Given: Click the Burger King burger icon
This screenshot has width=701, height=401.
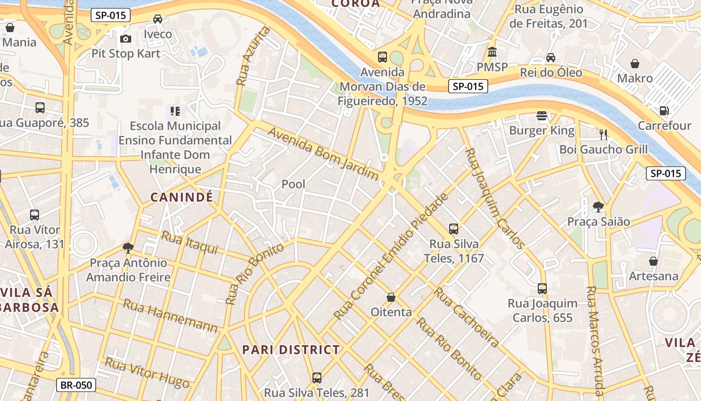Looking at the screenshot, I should (x=541, y=116).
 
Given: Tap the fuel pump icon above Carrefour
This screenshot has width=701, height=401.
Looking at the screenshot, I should (x=664, y=110).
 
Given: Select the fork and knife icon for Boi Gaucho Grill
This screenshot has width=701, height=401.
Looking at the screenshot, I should (x=603, y=134).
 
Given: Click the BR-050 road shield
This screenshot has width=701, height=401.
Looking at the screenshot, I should (x=76, y=385).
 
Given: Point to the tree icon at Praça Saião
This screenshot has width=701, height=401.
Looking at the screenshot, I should (x=598, y=207).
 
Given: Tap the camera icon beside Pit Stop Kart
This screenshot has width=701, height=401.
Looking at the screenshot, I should (x=126, y=39).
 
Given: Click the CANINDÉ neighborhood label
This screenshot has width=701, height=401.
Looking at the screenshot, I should (x=182, y=197).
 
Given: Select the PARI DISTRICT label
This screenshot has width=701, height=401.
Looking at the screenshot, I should (x=291, y=350).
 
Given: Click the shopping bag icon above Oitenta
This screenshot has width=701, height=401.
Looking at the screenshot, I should (x=391, y=297).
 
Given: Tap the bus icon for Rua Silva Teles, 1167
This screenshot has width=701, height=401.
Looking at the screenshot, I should (x=453, y=229).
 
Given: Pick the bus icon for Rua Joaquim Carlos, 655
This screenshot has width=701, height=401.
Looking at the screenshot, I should (x=542, y=288).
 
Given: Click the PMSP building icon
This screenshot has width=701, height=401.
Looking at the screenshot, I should (x=492, y=52).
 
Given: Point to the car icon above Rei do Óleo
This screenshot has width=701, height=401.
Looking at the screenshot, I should (x=551, y=58).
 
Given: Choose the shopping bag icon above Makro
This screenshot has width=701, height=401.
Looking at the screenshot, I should (x=634, y=64).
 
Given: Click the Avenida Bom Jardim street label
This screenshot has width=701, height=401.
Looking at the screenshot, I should (x=323, y=154).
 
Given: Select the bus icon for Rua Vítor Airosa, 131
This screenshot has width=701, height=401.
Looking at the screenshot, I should (x=35, y=215).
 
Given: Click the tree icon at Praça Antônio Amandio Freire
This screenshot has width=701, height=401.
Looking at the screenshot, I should (x=128, y=248).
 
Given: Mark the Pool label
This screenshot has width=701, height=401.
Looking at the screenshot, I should (x=293, y=184).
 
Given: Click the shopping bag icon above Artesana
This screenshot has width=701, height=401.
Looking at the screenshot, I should (x=653, y=261).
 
